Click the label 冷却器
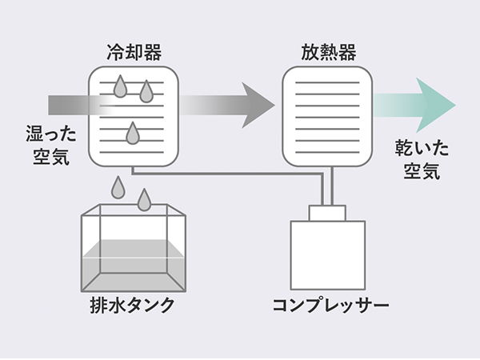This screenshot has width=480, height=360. coord(133,53)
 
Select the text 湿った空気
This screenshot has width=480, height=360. coord(46,143)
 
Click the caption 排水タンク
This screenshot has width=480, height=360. coord(133,306)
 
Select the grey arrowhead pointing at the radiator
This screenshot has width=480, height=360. coord(258,105)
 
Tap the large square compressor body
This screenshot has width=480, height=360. coord(327,254)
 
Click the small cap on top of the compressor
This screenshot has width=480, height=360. coord(327,213)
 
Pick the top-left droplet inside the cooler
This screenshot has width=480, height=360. coord(120,86)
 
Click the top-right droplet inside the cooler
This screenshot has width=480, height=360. coord(146,92)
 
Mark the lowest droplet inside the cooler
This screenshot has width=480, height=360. coord(132,134)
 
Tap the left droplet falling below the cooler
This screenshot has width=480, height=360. coord(118,187)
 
